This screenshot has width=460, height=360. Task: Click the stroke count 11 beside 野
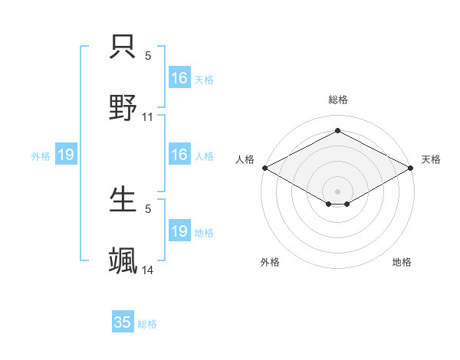(148, 117)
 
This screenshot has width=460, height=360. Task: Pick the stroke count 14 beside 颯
(148, 270)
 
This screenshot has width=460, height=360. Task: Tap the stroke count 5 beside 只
(148, 56)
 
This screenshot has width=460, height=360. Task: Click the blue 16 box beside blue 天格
(179, 78)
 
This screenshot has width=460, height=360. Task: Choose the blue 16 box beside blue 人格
(179, 155)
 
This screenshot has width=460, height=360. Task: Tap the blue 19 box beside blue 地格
(179, 231)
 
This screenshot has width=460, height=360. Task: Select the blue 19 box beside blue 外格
(66, 155)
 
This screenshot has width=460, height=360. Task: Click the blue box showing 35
(123, 322)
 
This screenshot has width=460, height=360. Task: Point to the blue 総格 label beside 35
(147, 324)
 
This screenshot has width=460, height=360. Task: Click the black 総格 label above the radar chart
(337, 100)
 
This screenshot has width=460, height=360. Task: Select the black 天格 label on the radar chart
(431, 159)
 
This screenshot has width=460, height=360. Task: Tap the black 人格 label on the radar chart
(245, 159)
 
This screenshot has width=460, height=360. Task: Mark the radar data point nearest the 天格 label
(412, 168)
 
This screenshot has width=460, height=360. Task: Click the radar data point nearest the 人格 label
(264, 168)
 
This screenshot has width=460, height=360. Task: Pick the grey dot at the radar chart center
(337, 191)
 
